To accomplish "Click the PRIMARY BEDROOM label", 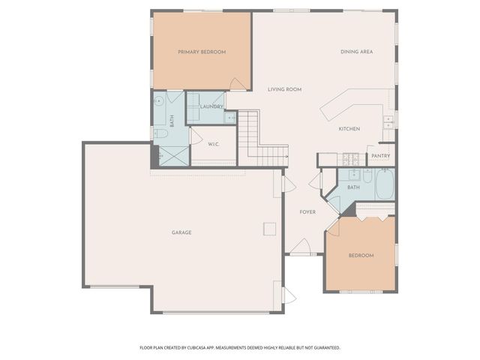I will [202, 52].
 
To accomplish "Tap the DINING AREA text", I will [356, 52].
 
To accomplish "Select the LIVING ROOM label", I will [284, 89].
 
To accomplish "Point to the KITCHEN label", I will [349, 129].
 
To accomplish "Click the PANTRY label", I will [380, 156].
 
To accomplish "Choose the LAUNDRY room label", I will [211, 106].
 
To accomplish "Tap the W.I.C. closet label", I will [213, 145].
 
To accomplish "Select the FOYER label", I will [307, 212].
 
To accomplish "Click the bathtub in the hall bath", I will [384, 184].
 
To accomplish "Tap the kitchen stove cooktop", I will [349, 159].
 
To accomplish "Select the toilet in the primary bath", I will [160, 133].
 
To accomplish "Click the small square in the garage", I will [268, 229].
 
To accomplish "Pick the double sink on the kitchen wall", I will [388, 120].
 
